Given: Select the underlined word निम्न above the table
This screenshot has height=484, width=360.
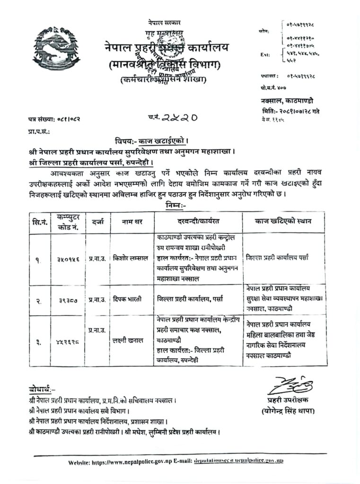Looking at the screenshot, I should (x=177, y=206).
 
